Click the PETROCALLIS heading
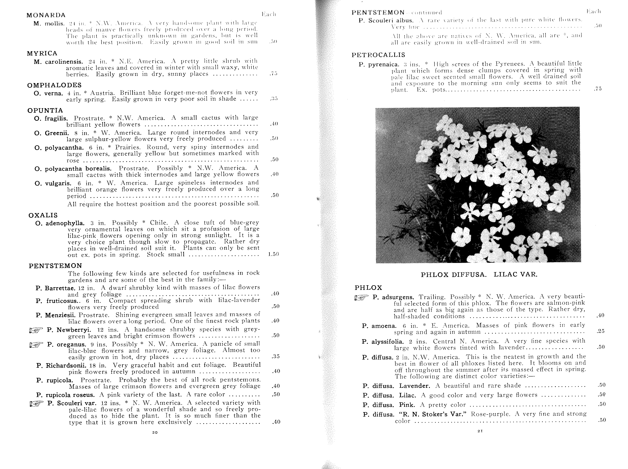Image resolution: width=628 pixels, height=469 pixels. pos(378,55)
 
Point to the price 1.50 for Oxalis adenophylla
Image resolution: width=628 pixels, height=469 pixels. pos(273,254)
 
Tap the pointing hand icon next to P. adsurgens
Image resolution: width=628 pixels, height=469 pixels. pos(361,297)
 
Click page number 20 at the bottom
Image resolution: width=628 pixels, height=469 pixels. pos(155,432)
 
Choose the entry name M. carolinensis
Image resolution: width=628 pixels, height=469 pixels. pos(58,62)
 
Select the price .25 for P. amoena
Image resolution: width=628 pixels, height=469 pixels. pos(601,331)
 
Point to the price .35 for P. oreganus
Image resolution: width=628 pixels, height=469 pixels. pos(275,357)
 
